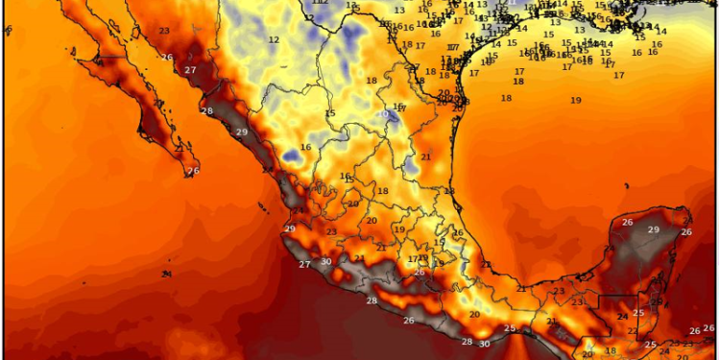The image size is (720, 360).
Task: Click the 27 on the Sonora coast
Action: click(190, 70)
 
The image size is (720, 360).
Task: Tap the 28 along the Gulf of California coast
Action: click(206, 111)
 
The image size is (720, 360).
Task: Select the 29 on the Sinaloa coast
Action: click(241, 132)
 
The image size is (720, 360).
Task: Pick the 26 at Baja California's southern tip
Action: click(193, 171)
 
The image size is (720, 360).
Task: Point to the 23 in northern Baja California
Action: click(164, 31)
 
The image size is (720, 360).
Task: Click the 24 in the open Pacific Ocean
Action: click(167, 275)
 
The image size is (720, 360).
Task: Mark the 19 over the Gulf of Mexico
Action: click(575, 100)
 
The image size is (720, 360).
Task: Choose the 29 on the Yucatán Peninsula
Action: click(653, 229)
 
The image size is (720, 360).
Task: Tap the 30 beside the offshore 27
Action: click(326, 261)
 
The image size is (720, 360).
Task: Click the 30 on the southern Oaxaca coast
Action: click(485, 343)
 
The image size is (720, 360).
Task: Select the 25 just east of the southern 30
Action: click(511, 329)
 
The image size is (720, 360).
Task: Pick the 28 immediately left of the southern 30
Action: click(468, 342)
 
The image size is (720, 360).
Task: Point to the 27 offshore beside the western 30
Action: click(304, 264)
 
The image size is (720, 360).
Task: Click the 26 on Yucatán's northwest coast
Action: click(627, 223)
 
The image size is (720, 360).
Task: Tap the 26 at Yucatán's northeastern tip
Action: click(686, 231)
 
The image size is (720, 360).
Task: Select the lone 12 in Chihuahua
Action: click(274, 39)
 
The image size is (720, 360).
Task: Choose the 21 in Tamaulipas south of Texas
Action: click(426, 156)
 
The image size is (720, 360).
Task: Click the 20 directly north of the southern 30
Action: click(474, 314)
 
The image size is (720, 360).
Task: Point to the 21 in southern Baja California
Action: click(179, 149)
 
